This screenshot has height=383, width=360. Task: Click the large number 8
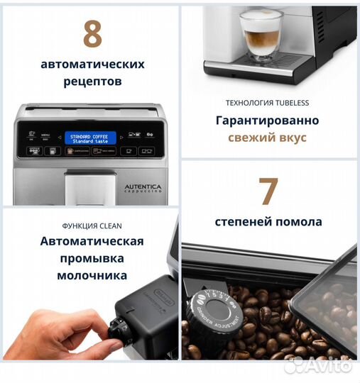click(92, 33)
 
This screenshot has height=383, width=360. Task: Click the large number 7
click(268, 191)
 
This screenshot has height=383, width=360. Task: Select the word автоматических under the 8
click(92, 64)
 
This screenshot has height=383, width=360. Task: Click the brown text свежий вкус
click(268, 138)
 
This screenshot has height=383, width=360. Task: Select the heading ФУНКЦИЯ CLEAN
click(92, 226)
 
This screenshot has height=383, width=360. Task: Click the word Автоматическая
click(92, 241)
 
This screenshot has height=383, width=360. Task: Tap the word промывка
click(92, 258)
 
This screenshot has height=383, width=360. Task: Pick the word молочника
click(92, 275)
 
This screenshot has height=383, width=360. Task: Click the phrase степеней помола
click(268, 222)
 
